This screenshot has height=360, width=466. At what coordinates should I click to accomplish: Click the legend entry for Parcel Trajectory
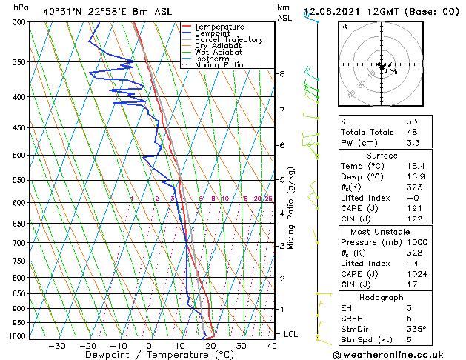(228, 40)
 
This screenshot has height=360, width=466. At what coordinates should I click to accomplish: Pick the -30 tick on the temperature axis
(57, 346)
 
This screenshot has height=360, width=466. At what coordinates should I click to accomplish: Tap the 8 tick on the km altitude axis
(282, 74)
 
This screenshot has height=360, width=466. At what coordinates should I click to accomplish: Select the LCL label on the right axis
(291, 334)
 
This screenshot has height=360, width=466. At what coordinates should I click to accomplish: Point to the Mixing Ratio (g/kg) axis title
(291, 207)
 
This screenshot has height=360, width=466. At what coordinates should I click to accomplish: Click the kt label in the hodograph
(344, 27)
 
